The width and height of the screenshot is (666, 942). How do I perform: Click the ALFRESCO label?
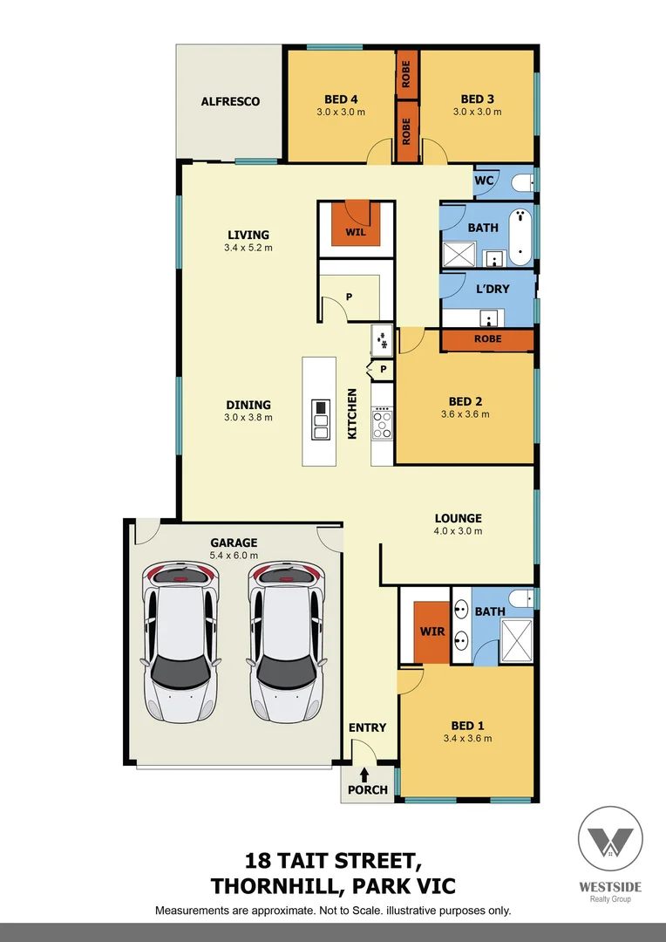(x=230, y=101)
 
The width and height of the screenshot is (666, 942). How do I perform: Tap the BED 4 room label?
(x=341, y=99)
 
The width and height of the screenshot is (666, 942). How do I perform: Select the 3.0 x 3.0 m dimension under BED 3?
(x=477, y=112)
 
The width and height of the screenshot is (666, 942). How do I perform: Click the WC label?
(x=485, y=181)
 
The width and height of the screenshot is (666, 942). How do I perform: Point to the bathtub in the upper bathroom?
(x=520, y=236)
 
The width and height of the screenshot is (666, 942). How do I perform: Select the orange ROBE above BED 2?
(x=487, y=339)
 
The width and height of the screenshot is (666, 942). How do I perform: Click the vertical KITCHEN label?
(x=353, y=413)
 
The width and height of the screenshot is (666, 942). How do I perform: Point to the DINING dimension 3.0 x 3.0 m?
(x=248, y=417)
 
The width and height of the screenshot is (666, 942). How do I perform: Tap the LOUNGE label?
(x=458, y=518)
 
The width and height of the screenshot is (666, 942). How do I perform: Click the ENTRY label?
(x=367, y=727)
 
